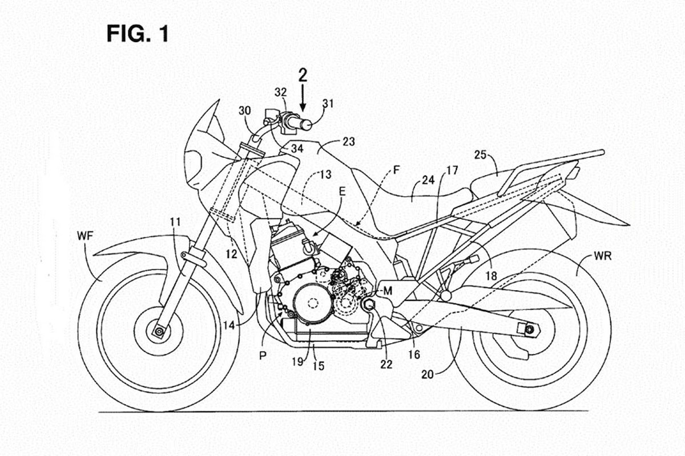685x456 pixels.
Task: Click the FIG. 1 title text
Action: [138, 34]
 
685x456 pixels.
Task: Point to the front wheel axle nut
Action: [157, 331]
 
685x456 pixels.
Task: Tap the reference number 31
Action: [328, 103]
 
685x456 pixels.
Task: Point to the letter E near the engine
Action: [341, 209]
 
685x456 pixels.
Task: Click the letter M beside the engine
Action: [388, 291]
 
